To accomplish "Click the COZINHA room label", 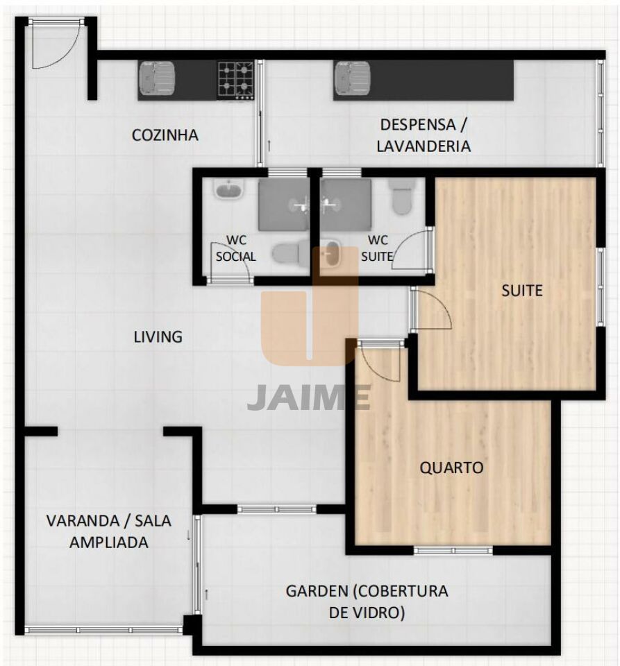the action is point(165,135).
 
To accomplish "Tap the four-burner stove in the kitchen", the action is point(236,80).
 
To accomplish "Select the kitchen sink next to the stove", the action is point(157,78).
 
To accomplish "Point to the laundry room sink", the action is point(352,78).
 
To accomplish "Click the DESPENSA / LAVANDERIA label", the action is point(424,135).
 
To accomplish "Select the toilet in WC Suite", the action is point(401,196).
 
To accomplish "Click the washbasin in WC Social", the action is point(229,189).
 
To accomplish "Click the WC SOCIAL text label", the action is point(236,248).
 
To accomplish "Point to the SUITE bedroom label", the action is point(522,291).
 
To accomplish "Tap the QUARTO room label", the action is point(452,468).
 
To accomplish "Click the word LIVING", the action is point(158,337).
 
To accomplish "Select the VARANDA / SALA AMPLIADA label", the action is point(109,531).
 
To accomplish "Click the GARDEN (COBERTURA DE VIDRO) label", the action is point(367,601).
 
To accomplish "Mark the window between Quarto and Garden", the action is point(453,550).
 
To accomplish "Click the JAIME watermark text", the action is point(309,397).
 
